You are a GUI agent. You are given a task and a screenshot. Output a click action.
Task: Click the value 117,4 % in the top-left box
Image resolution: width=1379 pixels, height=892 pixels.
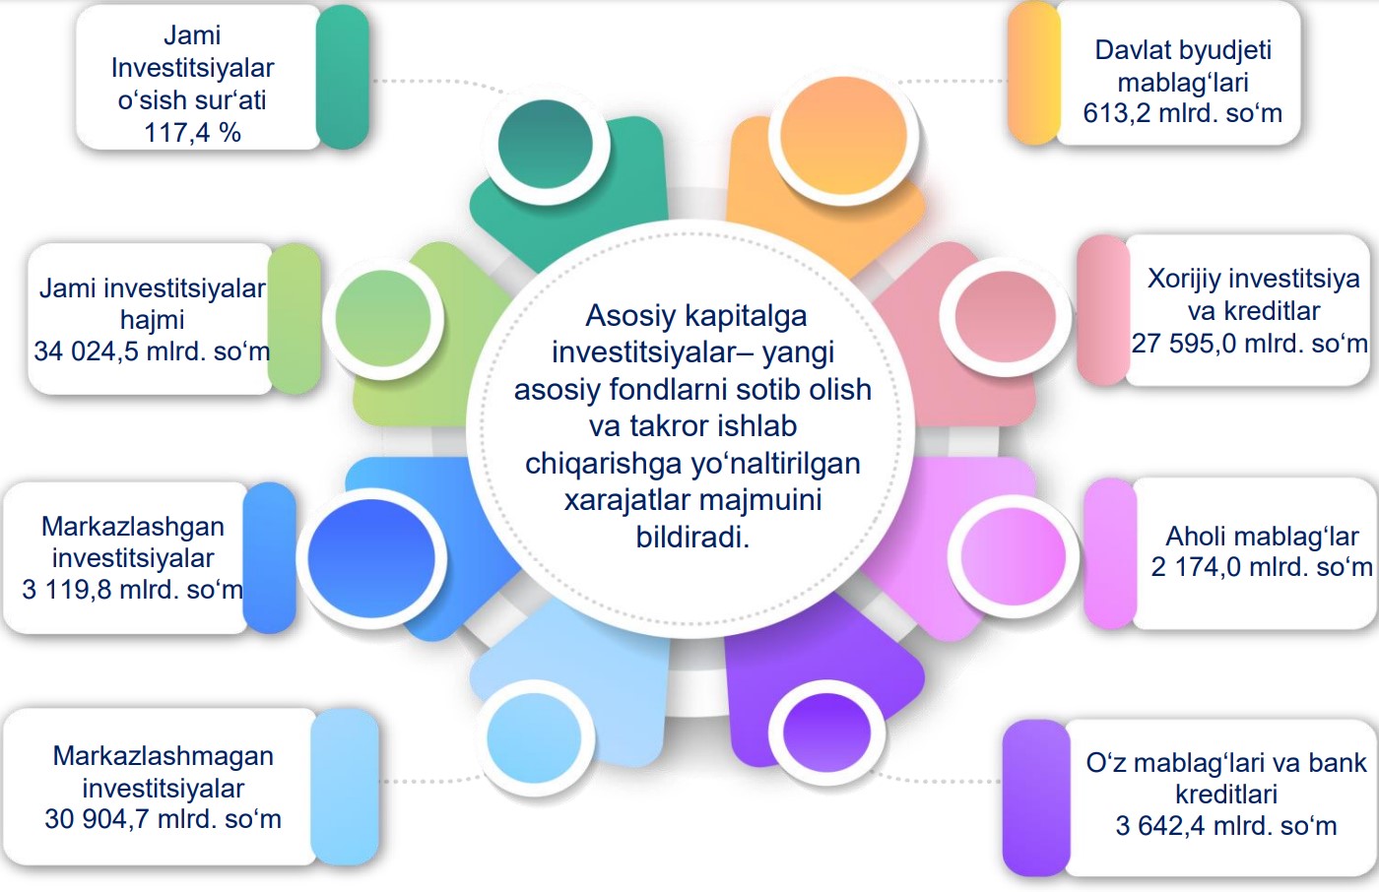[x=192, y=133]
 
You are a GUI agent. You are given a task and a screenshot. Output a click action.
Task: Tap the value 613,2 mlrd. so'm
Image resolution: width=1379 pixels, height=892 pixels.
[x=1183, y=114]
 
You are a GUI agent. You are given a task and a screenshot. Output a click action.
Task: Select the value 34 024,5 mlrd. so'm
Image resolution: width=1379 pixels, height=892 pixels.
[x=152, y=351]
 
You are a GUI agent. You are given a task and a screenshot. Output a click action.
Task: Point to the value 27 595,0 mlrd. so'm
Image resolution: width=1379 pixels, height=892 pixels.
[x=1249, y=344]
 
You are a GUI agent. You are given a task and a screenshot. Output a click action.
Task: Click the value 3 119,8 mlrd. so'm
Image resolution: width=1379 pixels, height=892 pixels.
[x=132, y=590]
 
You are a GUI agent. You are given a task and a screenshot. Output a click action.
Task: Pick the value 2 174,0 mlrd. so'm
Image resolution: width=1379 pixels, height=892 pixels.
[x=1262, y=567]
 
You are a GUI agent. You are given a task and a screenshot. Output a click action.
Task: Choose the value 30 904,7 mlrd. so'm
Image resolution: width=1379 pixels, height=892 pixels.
[x=163, y=819]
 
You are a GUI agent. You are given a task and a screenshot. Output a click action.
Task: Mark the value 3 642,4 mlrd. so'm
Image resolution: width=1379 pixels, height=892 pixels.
[x=1225, y=826]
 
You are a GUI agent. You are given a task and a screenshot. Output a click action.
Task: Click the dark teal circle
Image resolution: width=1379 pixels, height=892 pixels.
[x=546, y=144]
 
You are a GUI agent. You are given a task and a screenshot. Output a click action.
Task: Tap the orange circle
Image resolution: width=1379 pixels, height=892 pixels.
[x=843, y=136]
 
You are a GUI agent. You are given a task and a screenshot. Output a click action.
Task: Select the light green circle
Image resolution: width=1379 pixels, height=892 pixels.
[x=383, y=318]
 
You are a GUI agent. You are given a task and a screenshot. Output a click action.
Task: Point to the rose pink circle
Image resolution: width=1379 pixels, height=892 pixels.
[x=1006, y=316]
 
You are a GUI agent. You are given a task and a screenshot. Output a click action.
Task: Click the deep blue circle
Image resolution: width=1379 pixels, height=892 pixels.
[x=371, y=558]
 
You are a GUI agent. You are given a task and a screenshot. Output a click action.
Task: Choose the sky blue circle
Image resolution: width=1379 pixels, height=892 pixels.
[x=534, y=737]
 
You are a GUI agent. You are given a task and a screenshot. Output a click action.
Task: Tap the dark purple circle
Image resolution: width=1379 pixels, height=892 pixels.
[x=826, y=733]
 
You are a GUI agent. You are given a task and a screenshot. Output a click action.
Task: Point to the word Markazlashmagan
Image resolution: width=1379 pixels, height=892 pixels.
[x=164, y=757]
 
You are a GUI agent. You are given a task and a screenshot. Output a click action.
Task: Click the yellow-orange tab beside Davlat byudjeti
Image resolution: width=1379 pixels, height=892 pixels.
[x=1034, y=73]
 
